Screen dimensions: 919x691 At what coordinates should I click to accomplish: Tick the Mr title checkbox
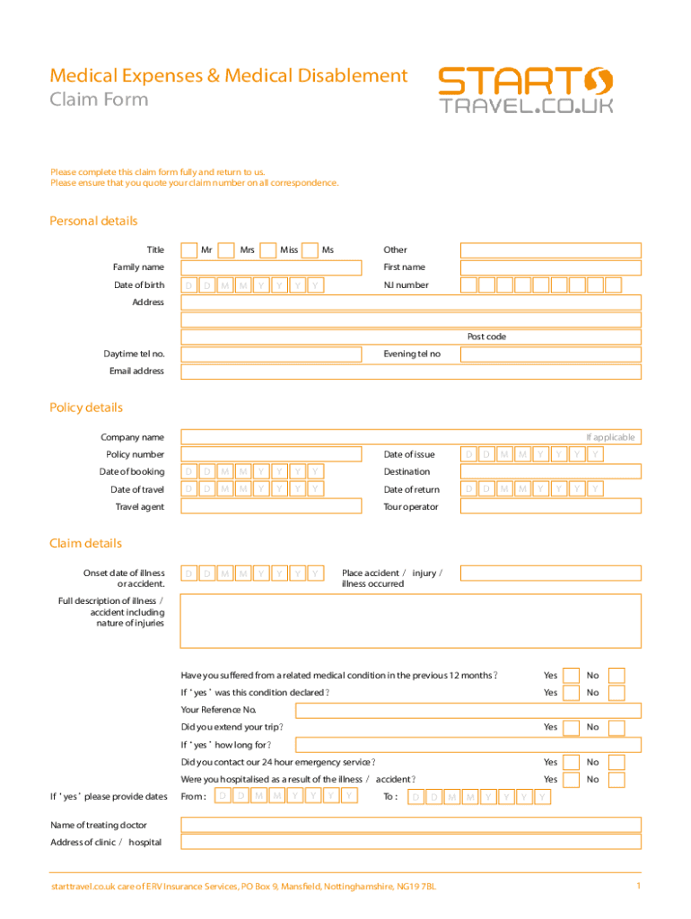[188, 250]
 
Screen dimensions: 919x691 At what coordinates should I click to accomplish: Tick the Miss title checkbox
[267, 250]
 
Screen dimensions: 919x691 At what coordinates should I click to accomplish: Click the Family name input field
[270, 267]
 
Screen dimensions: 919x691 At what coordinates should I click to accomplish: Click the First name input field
[550, 267]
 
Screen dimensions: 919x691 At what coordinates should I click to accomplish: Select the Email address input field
[411, 372]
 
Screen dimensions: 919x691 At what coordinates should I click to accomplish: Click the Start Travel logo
[526, 92]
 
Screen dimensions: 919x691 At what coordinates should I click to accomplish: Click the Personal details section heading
[93, 221]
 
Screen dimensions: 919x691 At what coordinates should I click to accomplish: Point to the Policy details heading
[86, 407]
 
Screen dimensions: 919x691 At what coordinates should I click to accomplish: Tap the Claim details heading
[85, 543]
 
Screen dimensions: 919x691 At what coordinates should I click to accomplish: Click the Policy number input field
[270, 454]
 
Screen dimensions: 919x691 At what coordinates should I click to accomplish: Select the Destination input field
[550, 471]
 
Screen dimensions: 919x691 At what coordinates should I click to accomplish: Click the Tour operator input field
[550, 506]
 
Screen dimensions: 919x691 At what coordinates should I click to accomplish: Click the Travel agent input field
[270, 506]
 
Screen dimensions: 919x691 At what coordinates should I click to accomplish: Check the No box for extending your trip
[617, 727]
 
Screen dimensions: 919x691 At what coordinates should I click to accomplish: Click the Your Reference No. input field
[468, 710]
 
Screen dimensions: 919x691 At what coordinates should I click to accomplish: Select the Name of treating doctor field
[411, 825]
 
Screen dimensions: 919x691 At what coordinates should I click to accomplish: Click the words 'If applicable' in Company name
[610, 437]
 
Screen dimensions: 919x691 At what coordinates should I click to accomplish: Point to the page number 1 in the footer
[637, 887]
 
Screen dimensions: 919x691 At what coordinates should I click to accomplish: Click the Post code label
[486, 337]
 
